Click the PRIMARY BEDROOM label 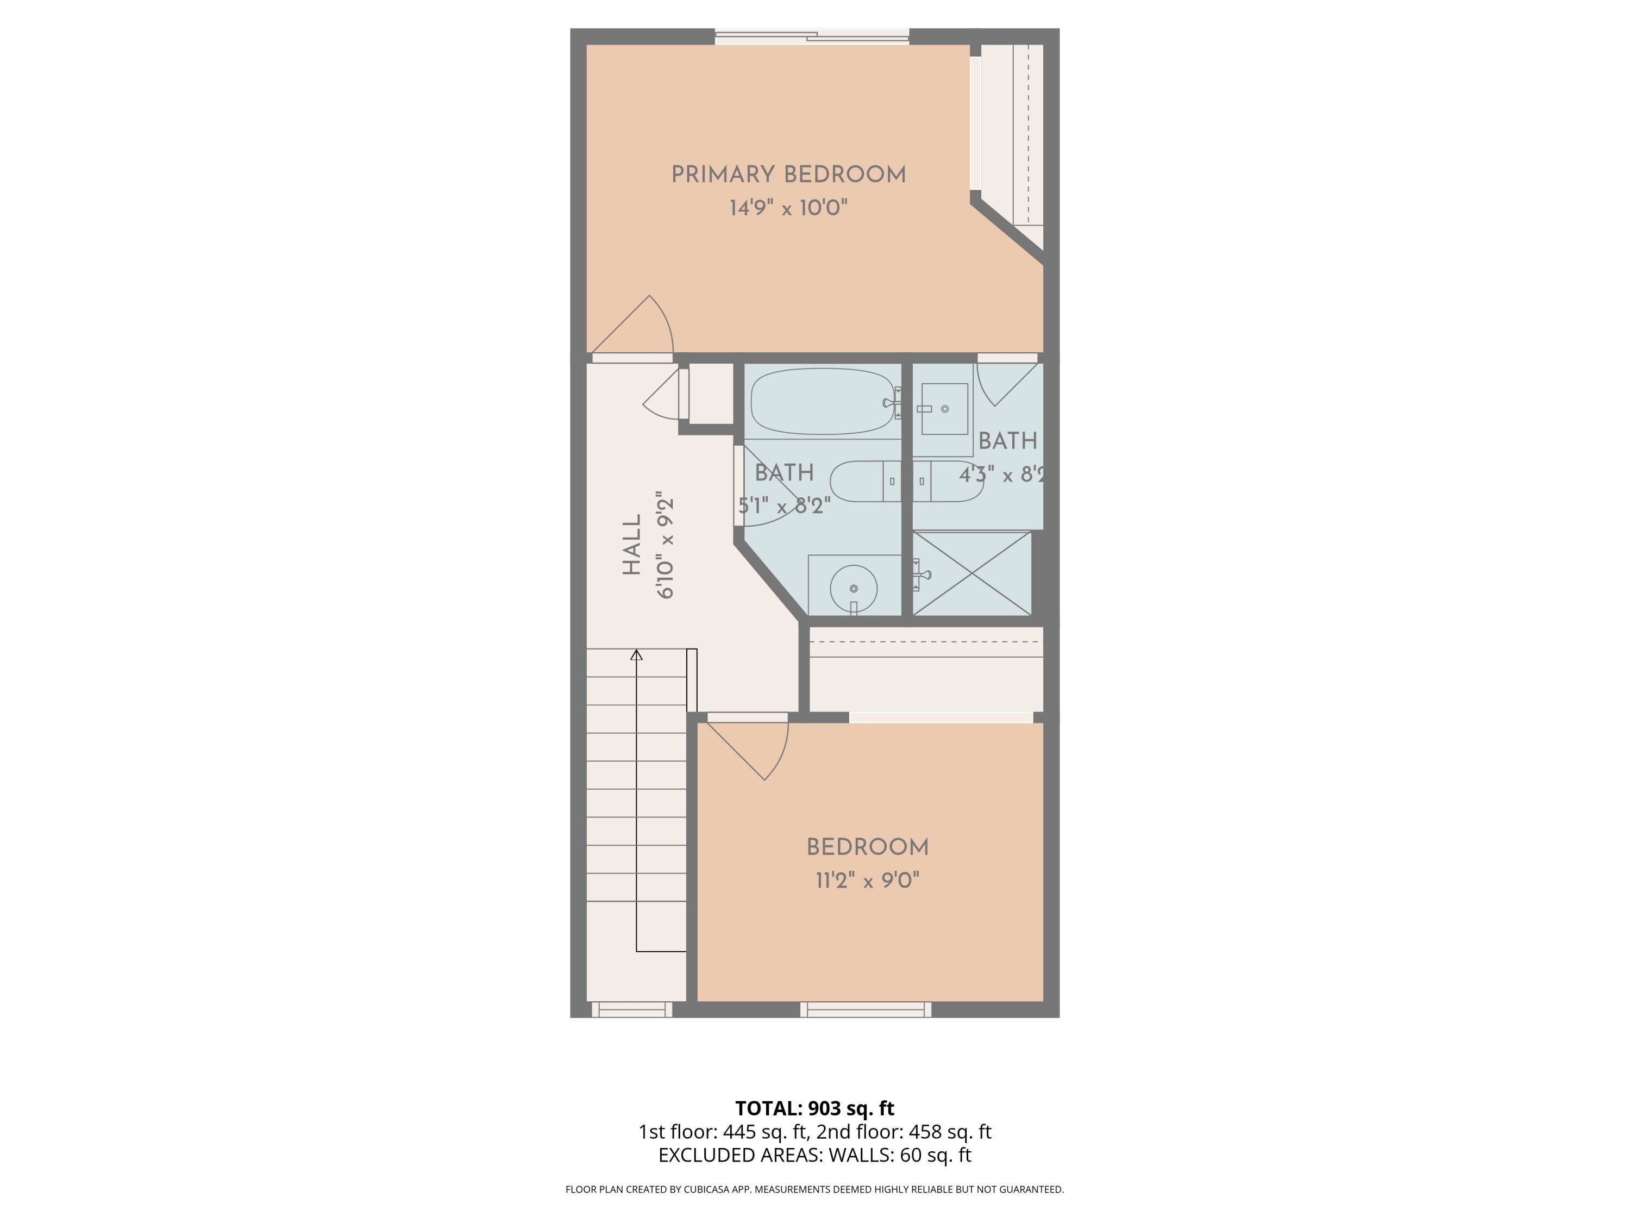788,174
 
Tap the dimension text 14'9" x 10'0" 788,208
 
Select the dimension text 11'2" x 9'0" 867,880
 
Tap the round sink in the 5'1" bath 854,588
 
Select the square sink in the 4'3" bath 944,408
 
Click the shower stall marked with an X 971,573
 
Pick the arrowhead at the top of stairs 636,654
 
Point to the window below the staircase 631,1009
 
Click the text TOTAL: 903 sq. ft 814,1108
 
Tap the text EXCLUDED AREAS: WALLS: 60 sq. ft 814,1155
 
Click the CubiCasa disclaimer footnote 814,1189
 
